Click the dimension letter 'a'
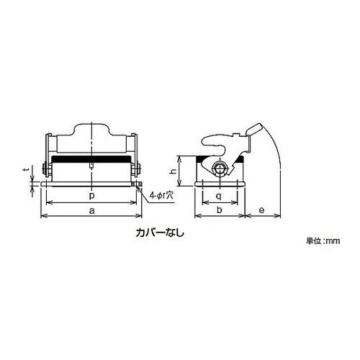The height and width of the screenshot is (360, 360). [92, 211]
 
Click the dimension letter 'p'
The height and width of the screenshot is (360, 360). [92, 196]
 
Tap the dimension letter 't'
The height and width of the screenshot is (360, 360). [27, 170]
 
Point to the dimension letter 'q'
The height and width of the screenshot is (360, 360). [219, 197]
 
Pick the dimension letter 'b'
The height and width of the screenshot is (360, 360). [220, 210]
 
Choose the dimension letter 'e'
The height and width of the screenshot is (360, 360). [261, 210]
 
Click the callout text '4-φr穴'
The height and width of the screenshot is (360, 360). [161, 195]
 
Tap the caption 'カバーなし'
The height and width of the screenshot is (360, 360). [160, 233]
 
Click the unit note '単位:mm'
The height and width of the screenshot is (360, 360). [323, 240]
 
